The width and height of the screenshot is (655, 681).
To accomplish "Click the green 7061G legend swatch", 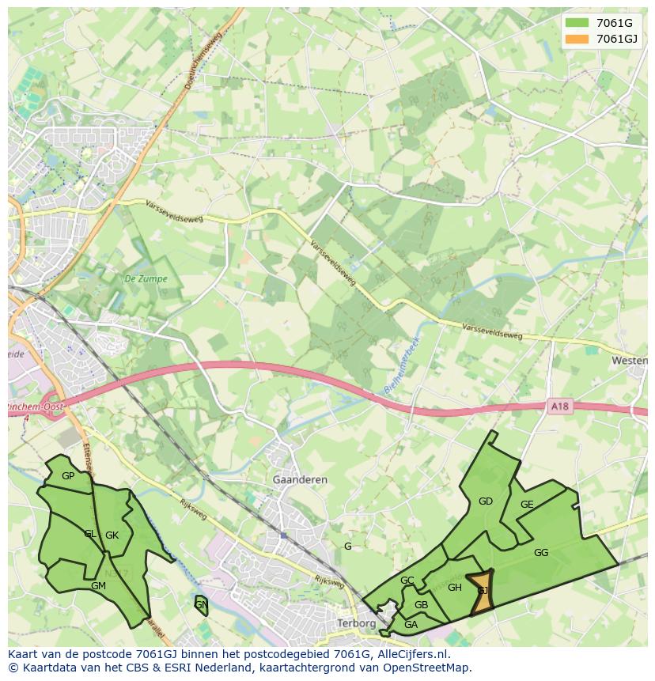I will [577, 23].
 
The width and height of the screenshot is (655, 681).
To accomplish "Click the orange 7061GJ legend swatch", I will [577, 39].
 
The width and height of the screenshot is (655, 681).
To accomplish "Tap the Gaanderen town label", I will [299, 480].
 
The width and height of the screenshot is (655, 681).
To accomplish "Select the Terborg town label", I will [356, 623].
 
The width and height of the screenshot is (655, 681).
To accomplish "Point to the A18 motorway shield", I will [559, 407].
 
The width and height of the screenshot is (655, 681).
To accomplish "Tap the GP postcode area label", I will [68, 476].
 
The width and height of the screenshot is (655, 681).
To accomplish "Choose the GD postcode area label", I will [486, 501].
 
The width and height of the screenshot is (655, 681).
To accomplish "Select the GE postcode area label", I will [527, 505].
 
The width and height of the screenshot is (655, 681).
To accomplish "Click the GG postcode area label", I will [541, 553].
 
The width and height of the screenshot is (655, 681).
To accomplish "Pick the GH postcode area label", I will [455, 588].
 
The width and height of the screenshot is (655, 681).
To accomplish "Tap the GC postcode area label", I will [407, 581].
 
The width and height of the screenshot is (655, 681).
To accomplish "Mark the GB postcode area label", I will [421, 605].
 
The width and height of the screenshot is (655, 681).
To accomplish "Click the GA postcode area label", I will [411, 625].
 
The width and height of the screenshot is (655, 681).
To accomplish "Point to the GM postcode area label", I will [98, 586].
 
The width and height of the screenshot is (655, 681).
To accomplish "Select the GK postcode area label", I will [112, 535].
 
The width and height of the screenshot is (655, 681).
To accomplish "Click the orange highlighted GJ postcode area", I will [482, 592].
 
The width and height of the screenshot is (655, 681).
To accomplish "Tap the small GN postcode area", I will [201, 605].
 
